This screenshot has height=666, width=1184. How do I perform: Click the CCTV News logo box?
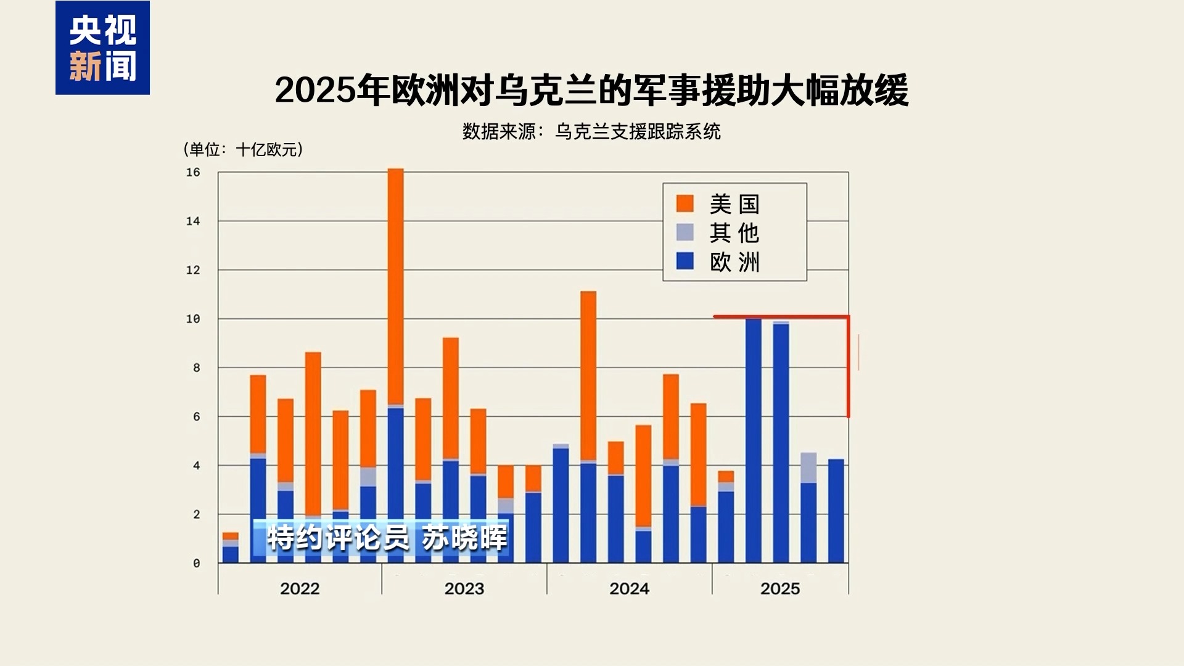pos(102,48)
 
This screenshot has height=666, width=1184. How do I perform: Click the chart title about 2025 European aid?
pos(591,90)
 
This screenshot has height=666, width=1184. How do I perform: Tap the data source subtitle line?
pos(591,131)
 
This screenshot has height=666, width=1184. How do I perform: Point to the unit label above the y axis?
pos(243,149)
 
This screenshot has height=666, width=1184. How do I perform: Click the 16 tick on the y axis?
pos(193,173)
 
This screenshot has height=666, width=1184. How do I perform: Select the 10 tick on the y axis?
pos(193,319)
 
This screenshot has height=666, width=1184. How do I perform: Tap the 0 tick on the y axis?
pos(196,563)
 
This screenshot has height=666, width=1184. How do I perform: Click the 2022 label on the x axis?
pos(300,588)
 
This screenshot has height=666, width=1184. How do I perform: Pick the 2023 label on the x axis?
pos(464,588)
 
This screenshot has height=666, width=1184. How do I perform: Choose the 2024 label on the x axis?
pos(629,588)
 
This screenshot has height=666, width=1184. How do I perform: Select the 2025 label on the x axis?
pos(780,588)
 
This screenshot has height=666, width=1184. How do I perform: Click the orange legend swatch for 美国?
pos(684,203)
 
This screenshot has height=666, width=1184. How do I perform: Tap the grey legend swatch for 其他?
pos(684,232)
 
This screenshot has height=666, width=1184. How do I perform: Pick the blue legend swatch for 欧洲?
pos(684,261)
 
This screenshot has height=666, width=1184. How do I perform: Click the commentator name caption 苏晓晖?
pos(464,538)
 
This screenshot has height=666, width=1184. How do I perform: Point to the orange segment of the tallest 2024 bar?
pos(588,376)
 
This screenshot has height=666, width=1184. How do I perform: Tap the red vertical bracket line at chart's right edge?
pos(849,368)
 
